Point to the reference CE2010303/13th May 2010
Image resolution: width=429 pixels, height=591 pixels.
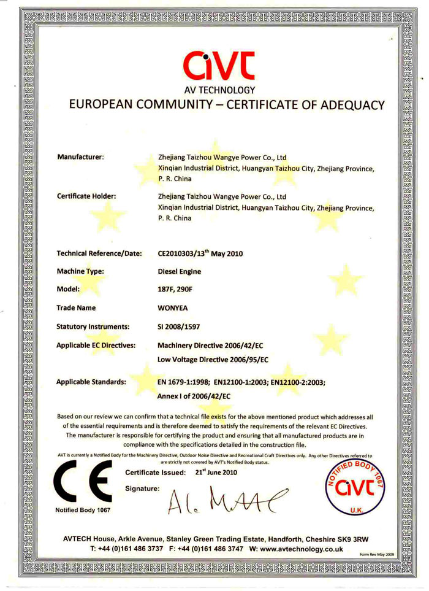[202, 252]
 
